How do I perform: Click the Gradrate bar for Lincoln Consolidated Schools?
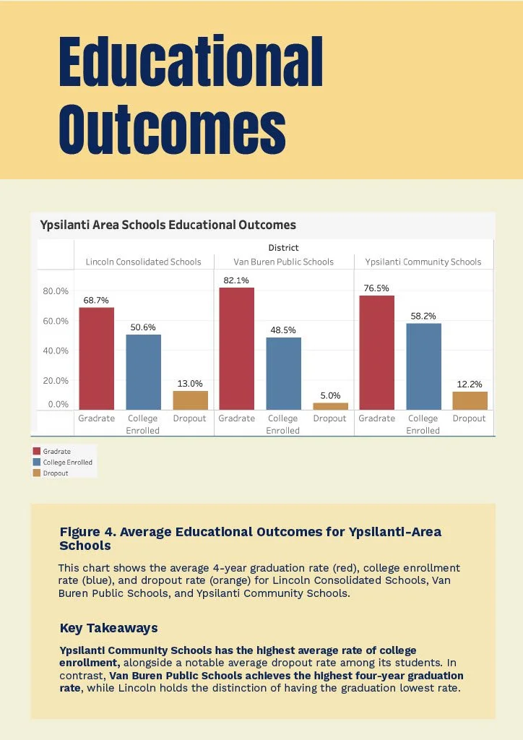[96, 358]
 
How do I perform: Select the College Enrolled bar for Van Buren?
[283, 374]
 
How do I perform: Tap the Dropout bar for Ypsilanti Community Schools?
[470, 400]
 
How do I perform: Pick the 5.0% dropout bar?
[330, 406]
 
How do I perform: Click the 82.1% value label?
[236, 280]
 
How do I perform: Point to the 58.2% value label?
[423, 316]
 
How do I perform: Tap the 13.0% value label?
[190, 384]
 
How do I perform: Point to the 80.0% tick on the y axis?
[56, 291]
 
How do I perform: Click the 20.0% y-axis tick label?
[56, 380]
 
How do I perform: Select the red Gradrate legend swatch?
[37, 452]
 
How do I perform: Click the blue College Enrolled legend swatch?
[37, 462]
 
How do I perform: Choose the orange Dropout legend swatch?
[37, 473]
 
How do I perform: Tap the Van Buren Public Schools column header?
[283, 262]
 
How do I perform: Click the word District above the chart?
[283, 248]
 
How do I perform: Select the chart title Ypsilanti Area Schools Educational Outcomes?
[168, 225]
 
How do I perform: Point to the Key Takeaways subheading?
[108, 628]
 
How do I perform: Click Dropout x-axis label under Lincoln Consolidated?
[189, 418]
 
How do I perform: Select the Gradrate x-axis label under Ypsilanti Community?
[377, 418]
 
